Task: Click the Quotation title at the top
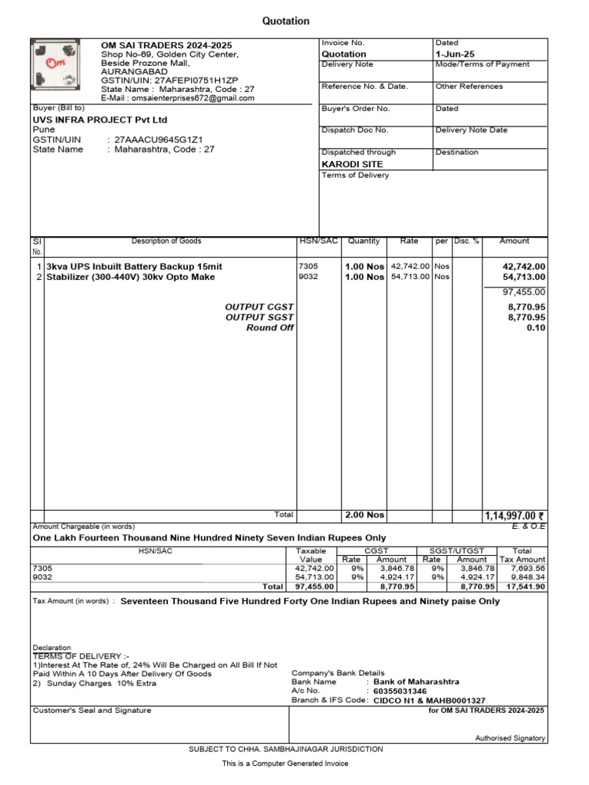coord(286,21)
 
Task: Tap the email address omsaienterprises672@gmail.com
coord(192,98)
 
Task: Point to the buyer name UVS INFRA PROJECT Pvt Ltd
coord(100,120)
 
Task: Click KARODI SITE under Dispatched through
coord(352,164)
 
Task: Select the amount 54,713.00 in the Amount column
coord(524,277)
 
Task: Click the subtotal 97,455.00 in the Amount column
coord(524,292)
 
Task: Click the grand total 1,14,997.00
coord(514,516)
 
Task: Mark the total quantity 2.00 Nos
coord(364,515)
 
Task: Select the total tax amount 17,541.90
coord(525,586)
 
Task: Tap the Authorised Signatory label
coord(510,738)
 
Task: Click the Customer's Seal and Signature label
coord(91,711)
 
